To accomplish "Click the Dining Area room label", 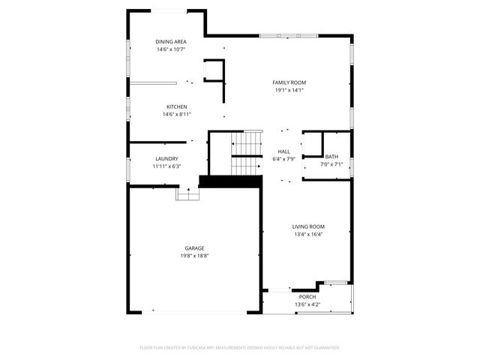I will click(171, 41).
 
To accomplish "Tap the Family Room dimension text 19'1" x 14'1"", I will click(289, 91).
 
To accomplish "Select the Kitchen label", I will click(177, 106).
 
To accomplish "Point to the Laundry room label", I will click(166, 158).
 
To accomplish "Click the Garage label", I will click(194, 248).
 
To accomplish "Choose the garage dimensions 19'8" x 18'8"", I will click(194, 256).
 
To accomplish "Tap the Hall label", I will click(284, 151).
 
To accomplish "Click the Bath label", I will click(331, 156).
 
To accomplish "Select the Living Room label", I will click(308, 226).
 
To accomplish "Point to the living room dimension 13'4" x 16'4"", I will click(308, 234).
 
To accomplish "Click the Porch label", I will click(308, 297).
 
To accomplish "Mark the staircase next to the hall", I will click(244, 153).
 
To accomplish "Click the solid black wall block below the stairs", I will click(230, 181).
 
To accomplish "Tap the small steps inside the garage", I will click(187, 193).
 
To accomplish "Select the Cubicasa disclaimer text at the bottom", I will click(240, 348).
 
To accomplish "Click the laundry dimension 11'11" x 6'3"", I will click(166, 166).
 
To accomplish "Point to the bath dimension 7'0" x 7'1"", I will click(331, 164).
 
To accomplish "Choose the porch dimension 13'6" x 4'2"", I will click(308, 304).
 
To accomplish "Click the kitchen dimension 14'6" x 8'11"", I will click(177, 115).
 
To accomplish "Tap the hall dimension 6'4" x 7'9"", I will click(284, 159).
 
